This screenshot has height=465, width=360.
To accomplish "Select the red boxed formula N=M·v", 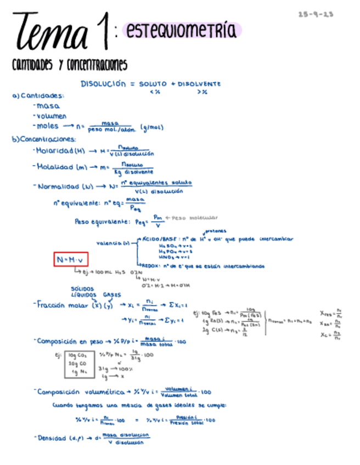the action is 71,259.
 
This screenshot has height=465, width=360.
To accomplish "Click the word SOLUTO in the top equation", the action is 153,84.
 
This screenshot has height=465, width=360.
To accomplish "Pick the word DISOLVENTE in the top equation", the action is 199,84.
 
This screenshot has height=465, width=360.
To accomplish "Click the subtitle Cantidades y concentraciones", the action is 70,65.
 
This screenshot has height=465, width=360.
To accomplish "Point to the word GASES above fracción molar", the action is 112,294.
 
